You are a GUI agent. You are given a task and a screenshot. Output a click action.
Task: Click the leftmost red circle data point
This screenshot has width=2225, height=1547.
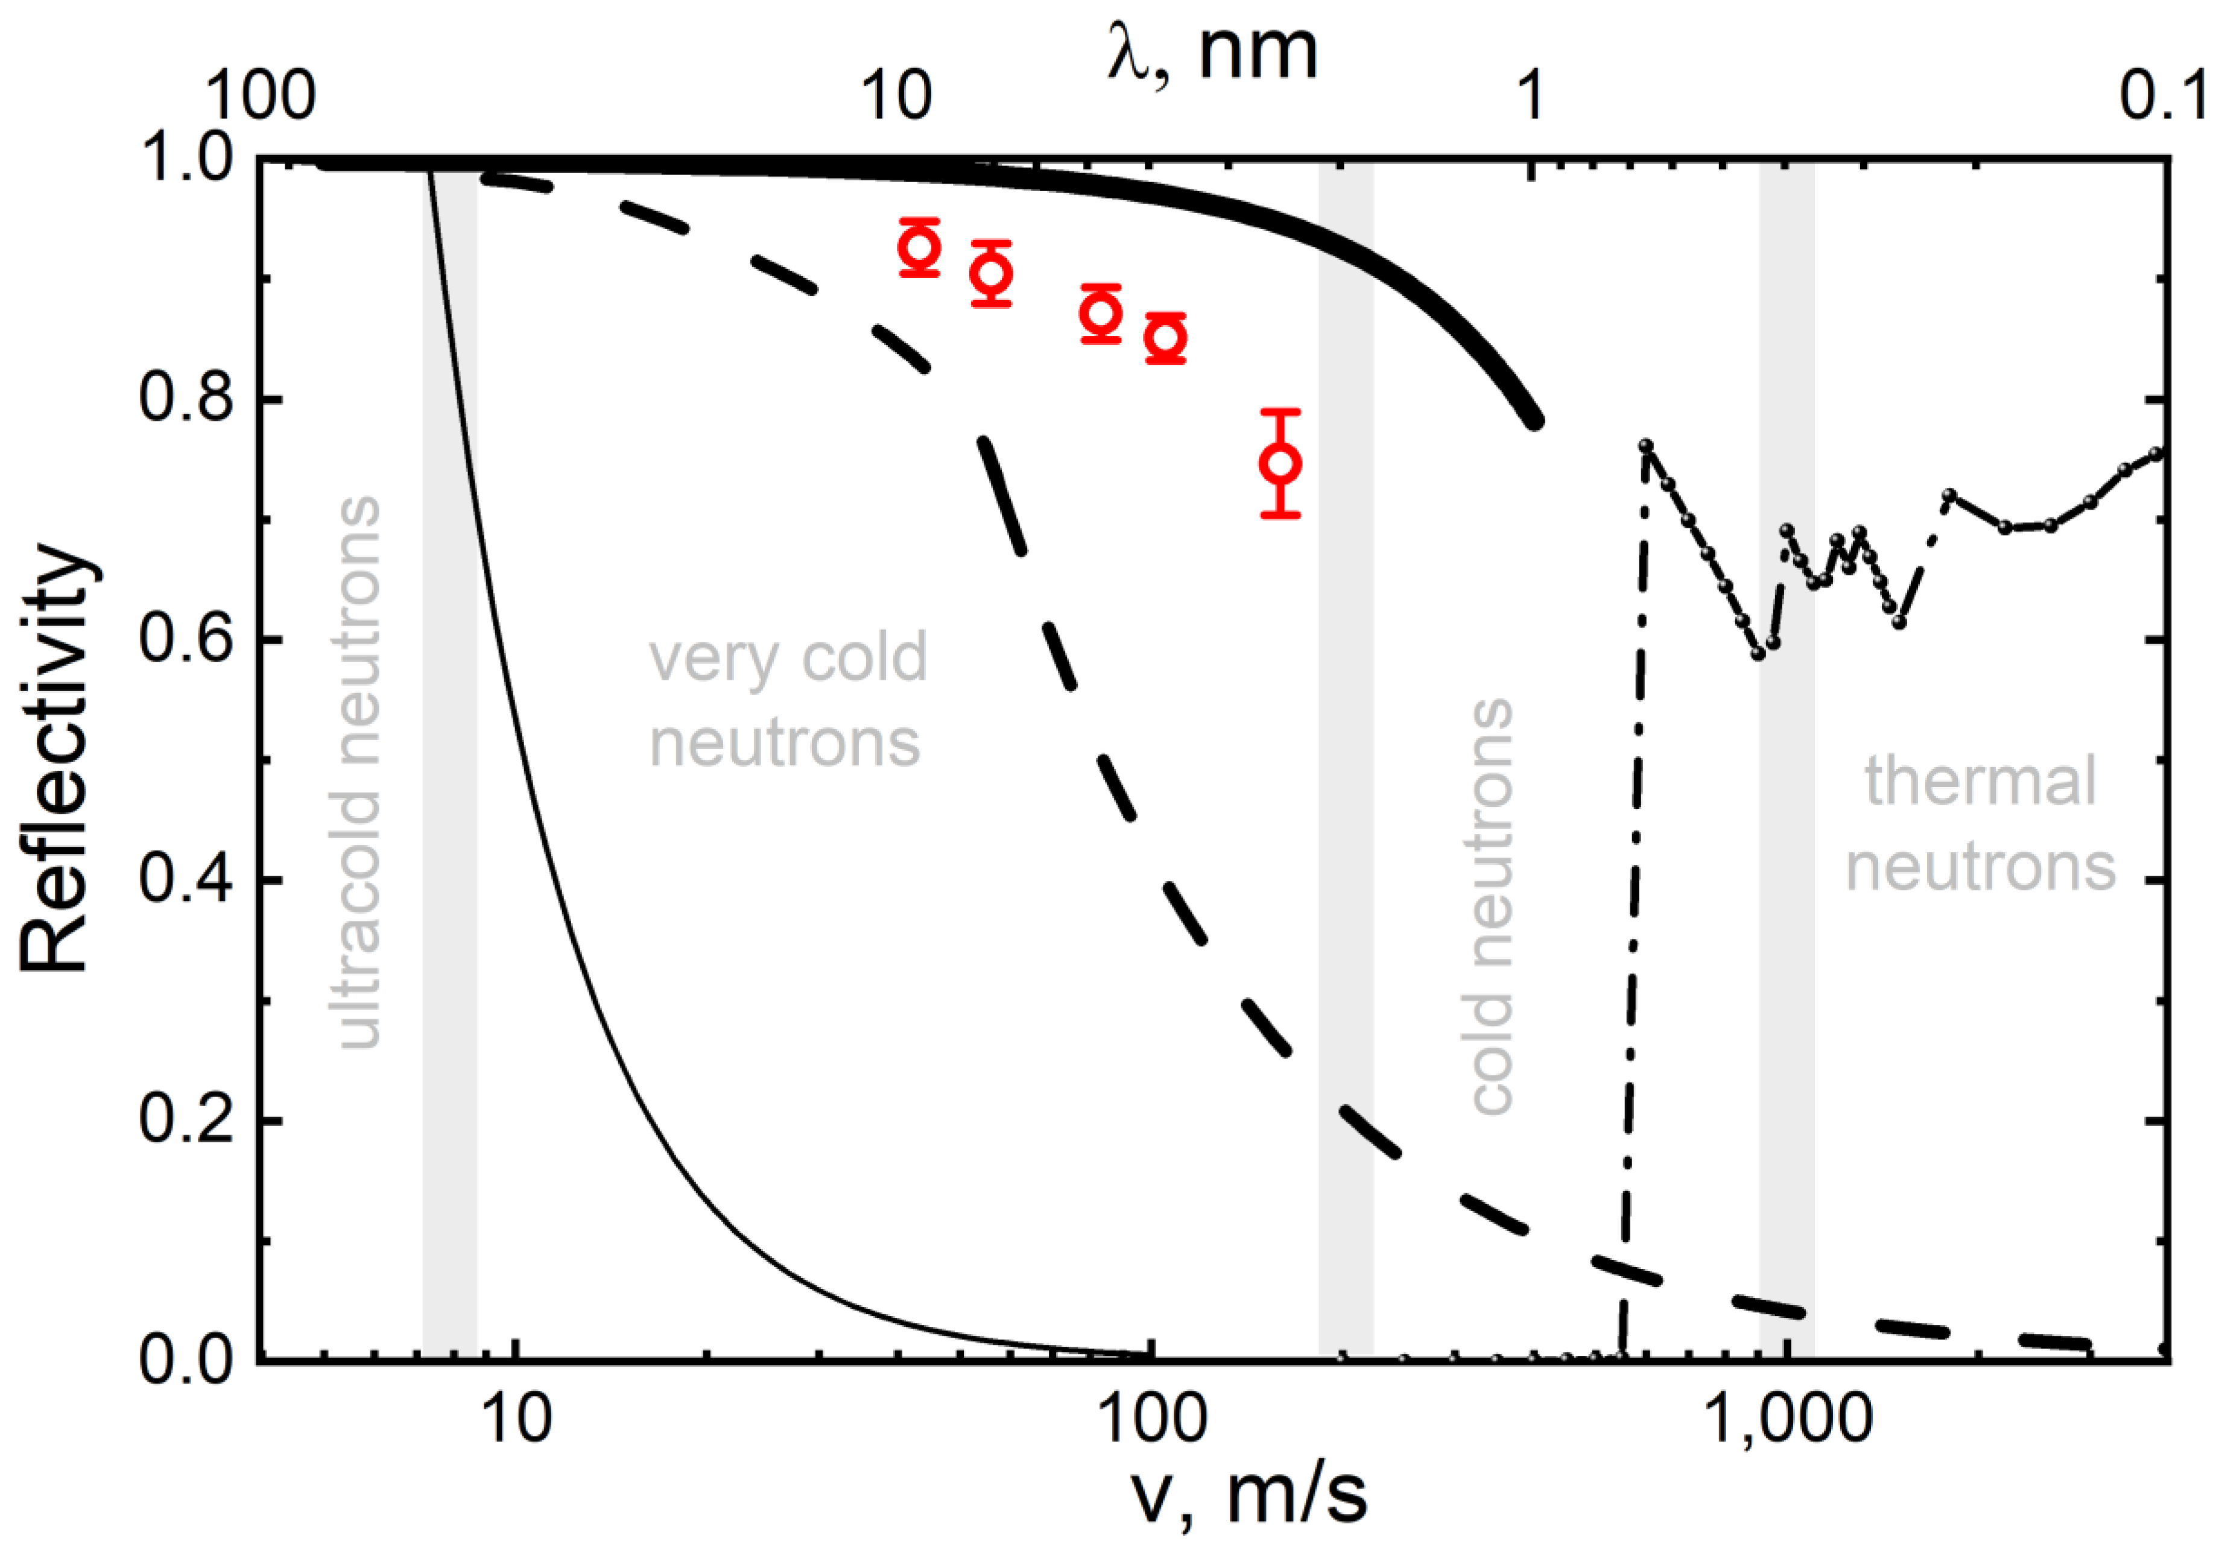pos(919,248)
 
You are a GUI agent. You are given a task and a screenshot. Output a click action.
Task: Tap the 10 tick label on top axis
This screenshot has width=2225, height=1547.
pos(896,97)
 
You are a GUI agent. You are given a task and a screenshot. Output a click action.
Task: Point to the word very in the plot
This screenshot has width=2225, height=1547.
pos(714,659)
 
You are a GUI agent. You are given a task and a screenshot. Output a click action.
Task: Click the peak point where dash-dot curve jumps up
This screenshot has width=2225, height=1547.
pos(1645,446)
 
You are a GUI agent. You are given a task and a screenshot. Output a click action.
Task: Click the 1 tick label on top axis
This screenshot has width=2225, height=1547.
pos(1530,97)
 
